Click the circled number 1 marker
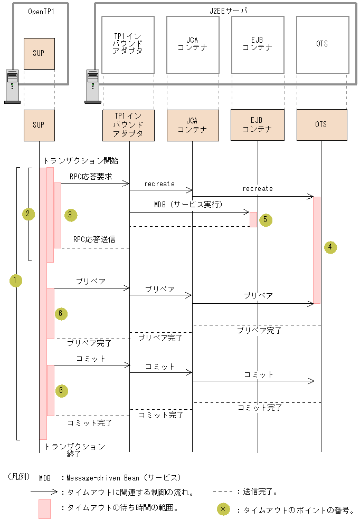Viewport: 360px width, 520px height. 16,281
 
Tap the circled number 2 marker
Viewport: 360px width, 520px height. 28,214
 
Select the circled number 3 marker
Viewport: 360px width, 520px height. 70,215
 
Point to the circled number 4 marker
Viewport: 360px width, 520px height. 330,247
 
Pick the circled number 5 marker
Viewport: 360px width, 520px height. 266,220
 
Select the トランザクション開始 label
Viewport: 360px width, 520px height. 81,160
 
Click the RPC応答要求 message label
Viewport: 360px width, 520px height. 91,177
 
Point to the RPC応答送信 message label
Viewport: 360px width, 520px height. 94,238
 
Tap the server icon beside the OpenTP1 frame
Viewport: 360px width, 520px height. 12,86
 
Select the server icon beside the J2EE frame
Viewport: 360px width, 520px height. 93,86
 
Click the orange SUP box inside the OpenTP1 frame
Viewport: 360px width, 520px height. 39,54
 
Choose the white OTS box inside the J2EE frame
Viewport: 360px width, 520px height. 321,44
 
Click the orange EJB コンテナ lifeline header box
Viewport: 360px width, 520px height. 257,126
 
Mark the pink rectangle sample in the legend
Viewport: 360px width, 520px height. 45,509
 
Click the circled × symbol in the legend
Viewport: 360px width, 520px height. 223,509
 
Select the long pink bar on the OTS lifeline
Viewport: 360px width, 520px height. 317,250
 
